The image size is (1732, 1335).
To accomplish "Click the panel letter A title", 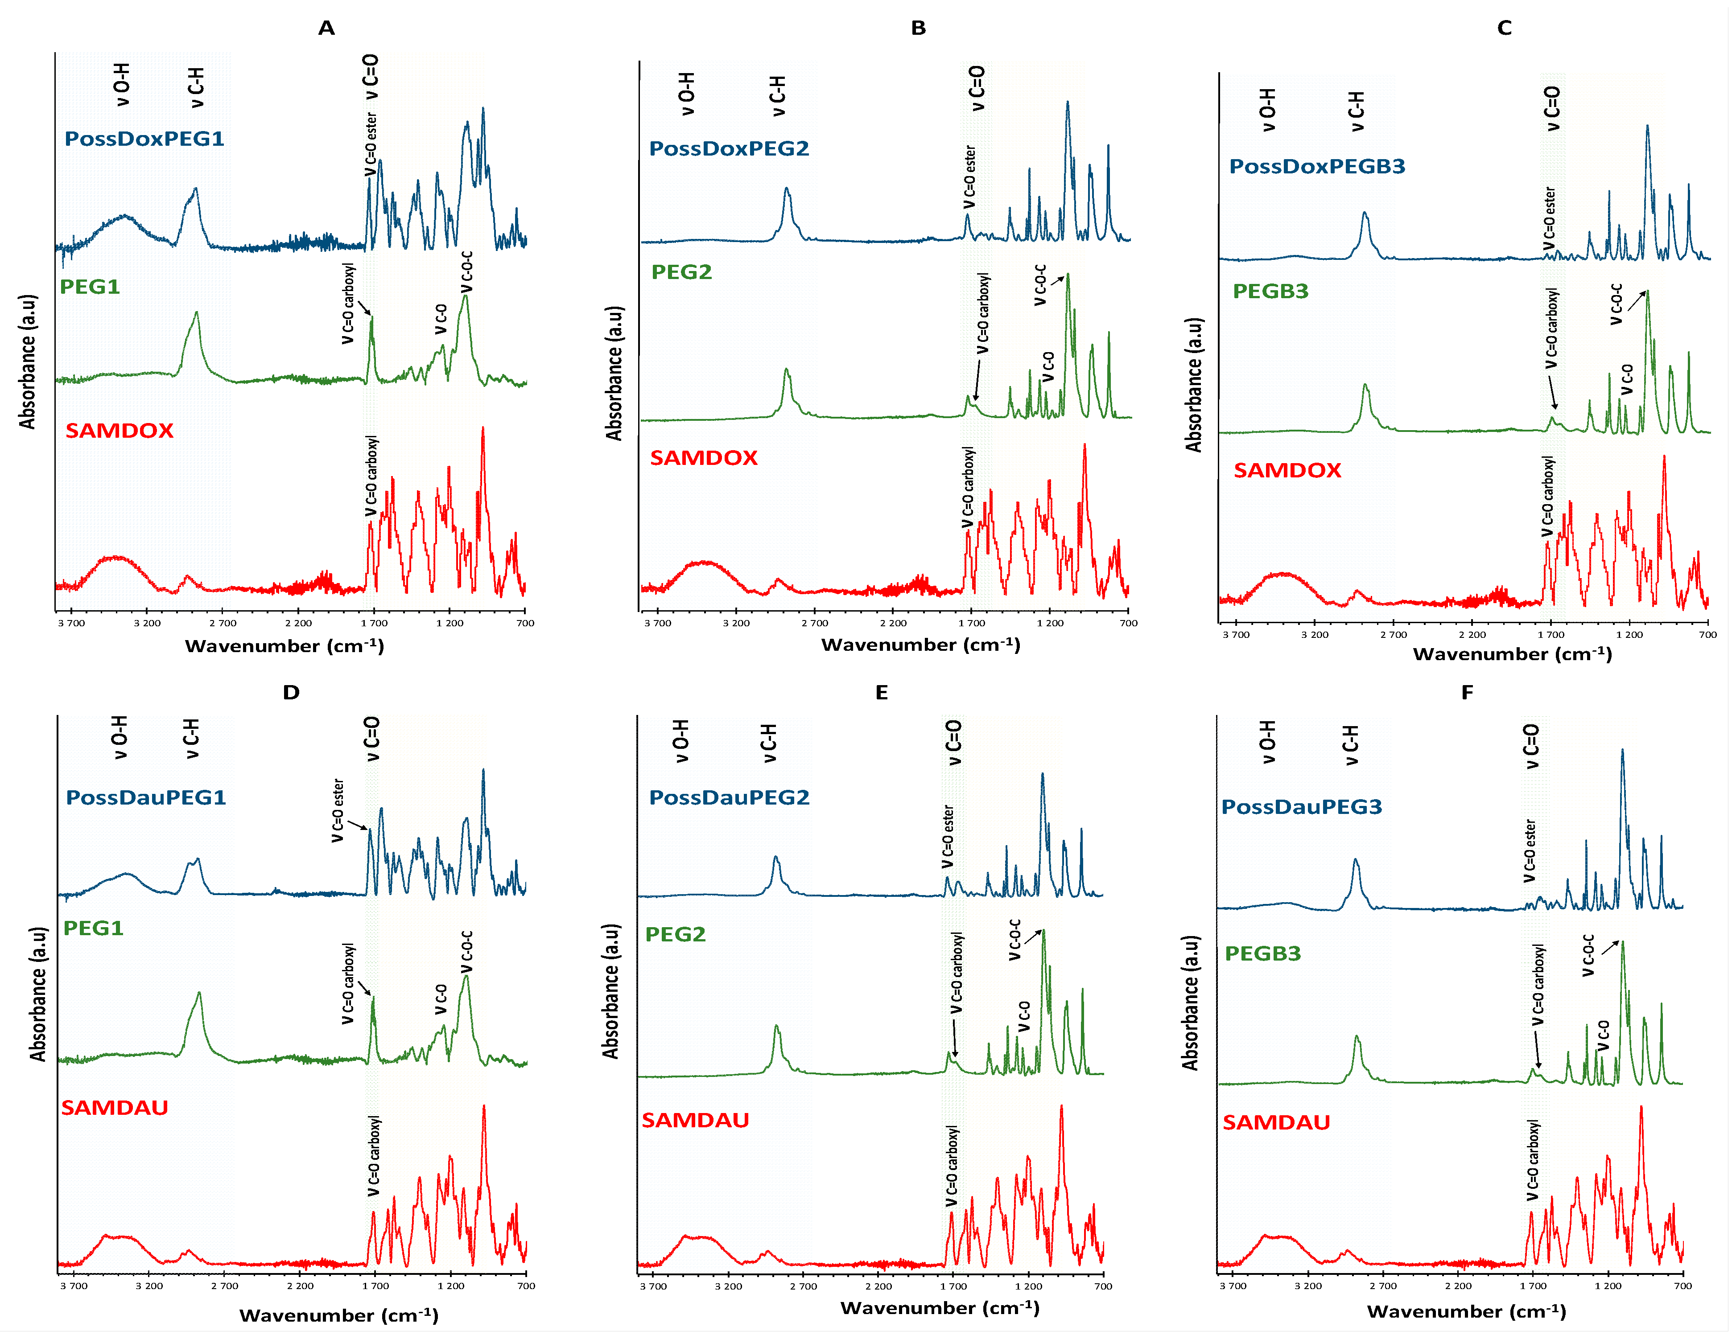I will pos(326,29).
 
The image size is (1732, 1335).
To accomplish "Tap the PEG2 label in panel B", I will pos(681,272).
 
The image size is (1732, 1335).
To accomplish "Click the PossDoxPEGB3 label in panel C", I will pos(1316,166).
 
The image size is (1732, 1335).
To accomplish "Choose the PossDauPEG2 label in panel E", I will pos(729,797).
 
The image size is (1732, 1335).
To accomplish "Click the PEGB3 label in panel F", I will pos(1262,954).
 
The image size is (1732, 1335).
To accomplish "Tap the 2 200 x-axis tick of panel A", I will pos(298,623).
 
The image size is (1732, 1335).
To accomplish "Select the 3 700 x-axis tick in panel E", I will pos(653,1286).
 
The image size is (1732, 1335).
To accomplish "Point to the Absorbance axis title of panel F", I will pos(1190,1003).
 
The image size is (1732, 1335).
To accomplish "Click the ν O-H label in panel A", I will pos(120,85).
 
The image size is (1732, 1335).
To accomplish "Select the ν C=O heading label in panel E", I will pos(953,742).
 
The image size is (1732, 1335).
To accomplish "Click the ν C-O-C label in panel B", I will pos(1039,285).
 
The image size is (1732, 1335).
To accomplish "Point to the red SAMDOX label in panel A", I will pos(119,431).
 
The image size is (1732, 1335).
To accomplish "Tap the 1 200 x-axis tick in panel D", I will pos(450,1286).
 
